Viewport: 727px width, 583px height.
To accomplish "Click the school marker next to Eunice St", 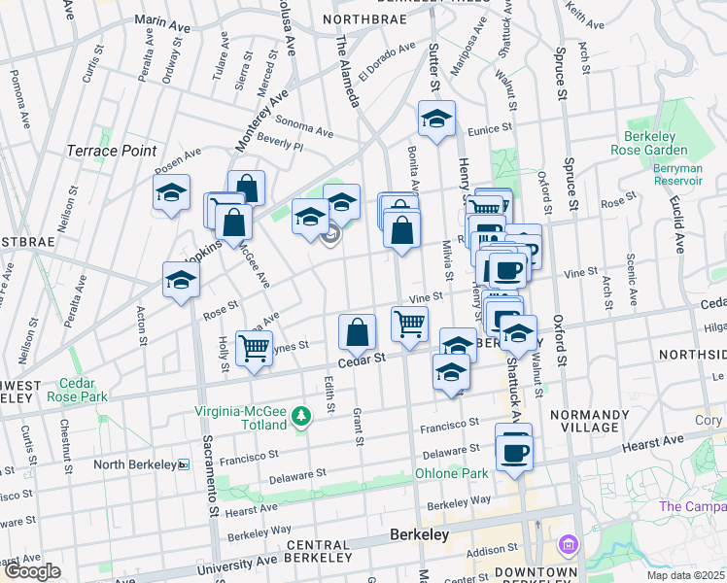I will (x=437, y=120).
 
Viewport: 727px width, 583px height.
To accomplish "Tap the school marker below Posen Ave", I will (x=171, y=192).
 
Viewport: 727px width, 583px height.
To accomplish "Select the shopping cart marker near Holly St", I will (x=254, y=347).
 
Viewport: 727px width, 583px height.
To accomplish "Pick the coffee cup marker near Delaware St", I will (x=514, y=450).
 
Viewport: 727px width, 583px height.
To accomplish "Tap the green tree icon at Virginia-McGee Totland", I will (x=302, y=417).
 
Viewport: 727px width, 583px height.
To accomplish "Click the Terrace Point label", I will (x=111, y=151).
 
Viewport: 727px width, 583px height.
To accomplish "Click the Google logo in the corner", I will (x=32, y=571).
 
